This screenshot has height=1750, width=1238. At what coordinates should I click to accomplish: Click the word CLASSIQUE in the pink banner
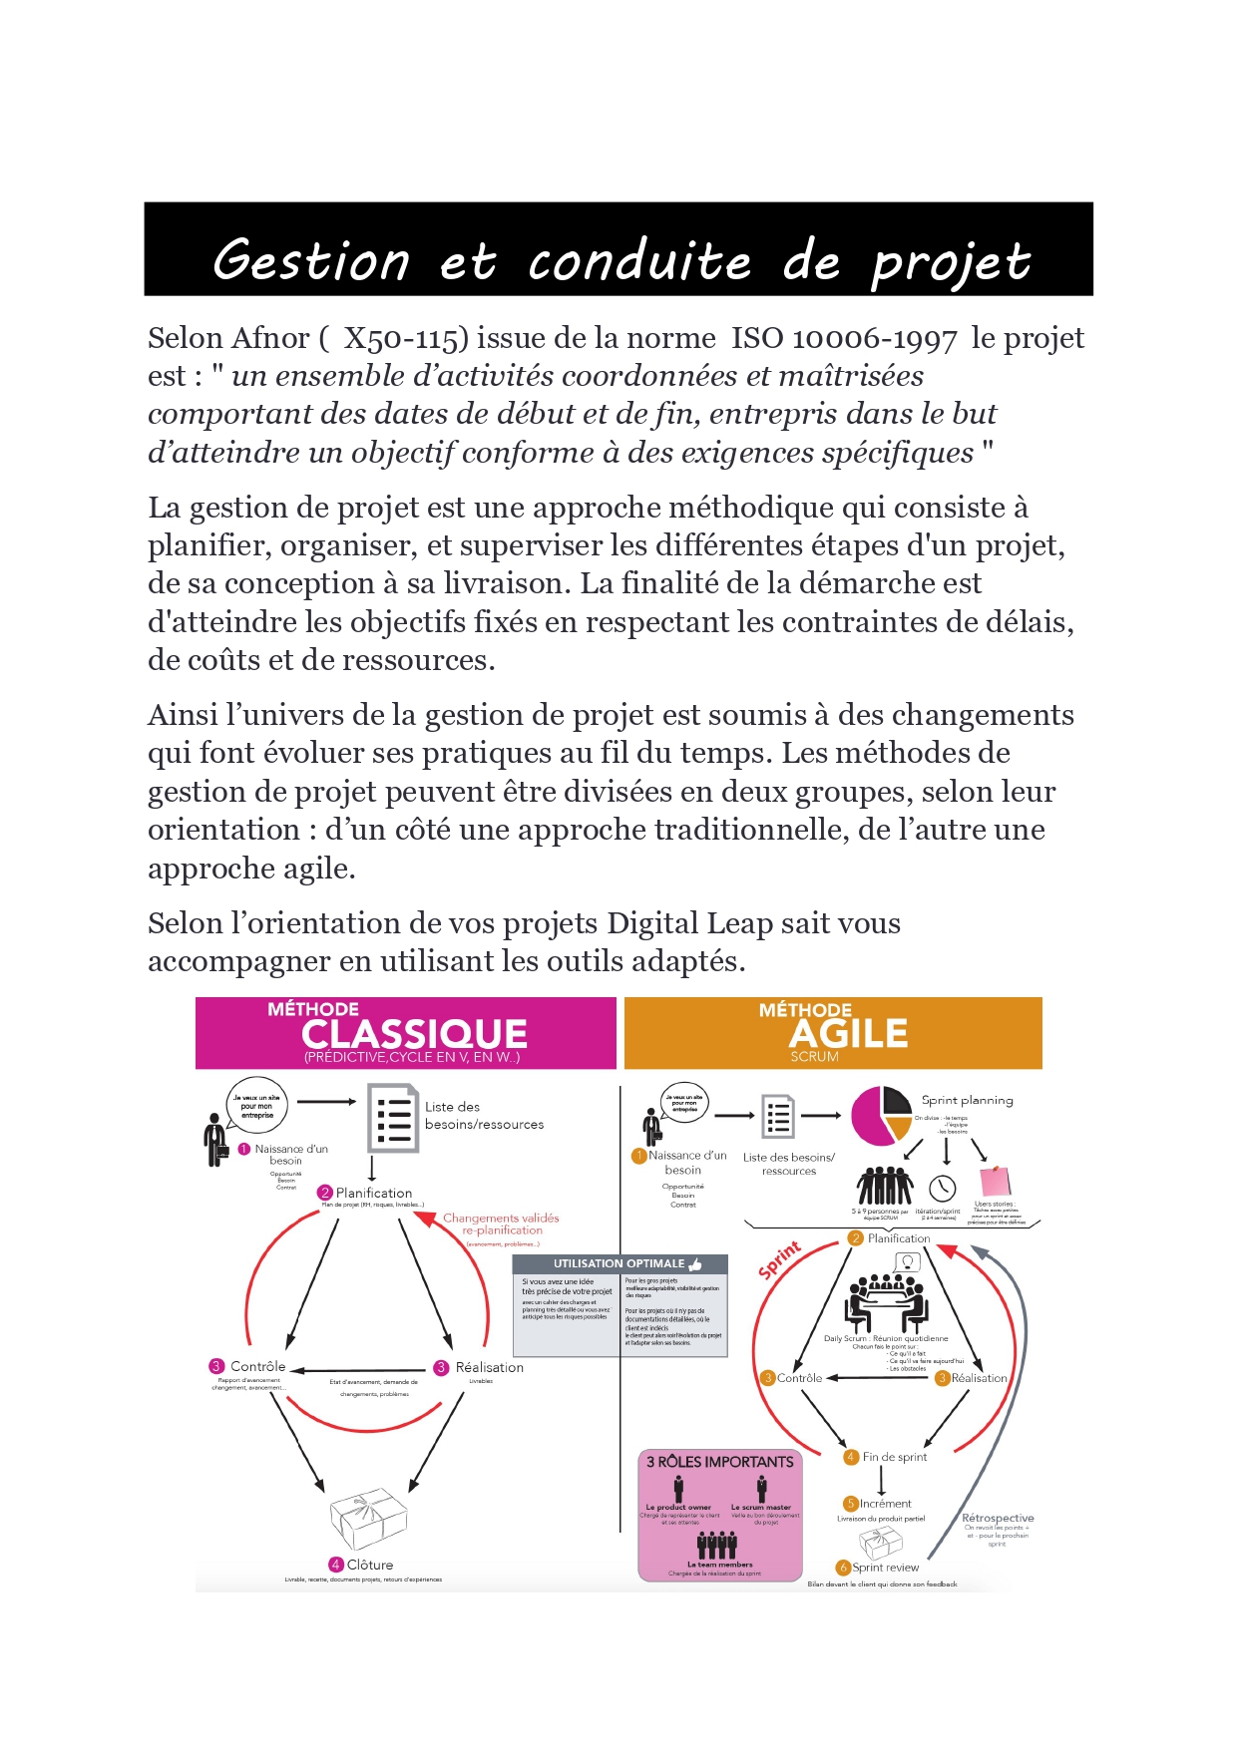tap(414, 1034)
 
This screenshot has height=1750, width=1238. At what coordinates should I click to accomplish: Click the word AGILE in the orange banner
tap(849, 1034)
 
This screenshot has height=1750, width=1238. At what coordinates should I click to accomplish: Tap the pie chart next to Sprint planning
tap(881, 1116)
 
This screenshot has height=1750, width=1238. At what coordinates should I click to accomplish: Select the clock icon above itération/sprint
tap(942, 1188)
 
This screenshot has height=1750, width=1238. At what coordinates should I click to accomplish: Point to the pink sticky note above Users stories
tap(995, 1182)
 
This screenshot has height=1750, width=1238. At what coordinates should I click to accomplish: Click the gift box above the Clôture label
tap(368, 1519)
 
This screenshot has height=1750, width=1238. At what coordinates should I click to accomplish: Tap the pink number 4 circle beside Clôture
tap(336, 1565)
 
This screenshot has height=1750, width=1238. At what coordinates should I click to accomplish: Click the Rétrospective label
tap(997, 1518)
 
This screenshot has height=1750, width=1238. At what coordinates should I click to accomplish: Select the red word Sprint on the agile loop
tap(779, 1260)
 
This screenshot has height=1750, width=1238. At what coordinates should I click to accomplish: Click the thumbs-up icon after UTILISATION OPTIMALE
tap(695, 1264)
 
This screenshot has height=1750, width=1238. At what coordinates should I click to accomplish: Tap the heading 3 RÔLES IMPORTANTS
tap(720, 1462)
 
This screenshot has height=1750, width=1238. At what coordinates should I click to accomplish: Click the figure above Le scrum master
tap(762, 1489)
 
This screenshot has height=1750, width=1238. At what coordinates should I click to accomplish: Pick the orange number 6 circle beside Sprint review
tap(843, 1568)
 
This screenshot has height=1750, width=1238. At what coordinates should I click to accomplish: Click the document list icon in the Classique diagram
tap(393, 1118)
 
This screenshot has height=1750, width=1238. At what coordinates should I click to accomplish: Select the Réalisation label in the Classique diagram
tap(489, 1367)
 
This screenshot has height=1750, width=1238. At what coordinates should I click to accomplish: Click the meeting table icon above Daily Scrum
tap(887, 1298)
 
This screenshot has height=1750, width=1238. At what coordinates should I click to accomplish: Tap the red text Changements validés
tap(501, 1218)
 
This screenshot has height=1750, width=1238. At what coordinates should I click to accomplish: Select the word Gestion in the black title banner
tap(311, 261)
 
